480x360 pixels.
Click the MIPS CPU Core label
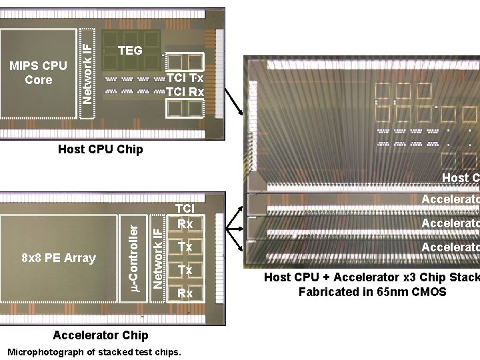38,73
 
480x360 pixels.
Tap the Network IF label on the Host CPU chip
87,64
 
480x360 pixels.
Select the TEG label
130,51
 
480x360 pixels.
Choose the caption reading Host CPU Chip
100,149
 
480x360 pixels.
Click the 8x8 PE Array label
59,258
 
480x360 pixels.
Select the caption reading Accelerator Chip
100,335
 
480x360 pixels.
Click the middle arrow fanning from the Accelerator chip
235,228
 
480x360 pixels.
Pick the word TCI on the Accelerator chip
184,209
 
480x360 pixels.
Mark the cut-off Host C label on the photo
460,178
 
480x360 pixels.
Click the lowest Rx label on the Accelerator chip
185,293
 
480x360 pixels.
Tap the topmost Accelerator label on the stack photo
450,199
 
